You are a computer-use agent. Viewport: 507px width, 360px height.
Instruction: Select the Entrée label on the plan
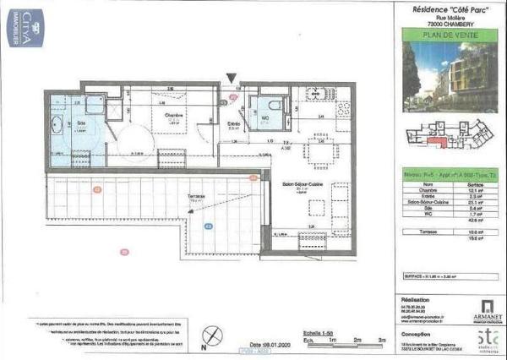pos(235,124)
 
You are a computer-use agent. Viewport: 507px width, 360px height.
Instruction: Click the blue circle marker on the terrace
pos(208,228)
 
